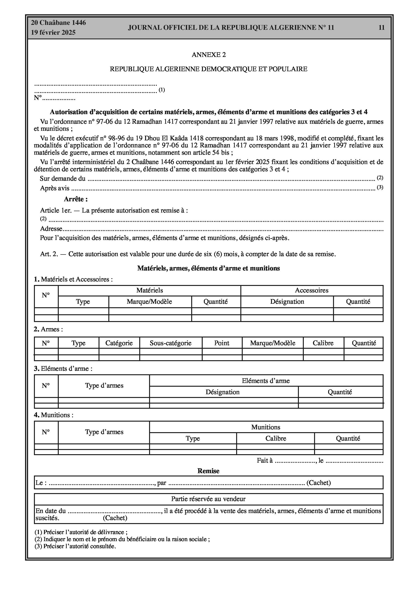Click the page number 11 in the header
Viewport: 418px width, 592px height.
pos(381,28)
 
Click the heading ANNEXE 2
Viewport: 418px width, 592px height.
pos(209,55)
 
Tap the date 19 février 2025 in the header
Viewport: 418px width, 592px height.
pos(53,33)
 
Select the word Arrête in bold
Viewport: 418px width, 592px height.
pos(76,199)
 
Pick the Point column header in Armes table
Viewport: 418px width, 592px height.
pos(221,343)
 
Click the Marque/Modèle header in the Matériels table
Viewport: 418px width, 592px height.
pos(149,302)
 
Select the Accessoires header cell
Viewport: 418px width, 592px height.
pos(312,290)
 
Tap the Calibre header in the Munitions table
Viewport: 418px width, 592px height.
pos(275,438)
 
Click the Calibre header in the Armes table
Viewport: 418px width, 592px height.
pos(323,343)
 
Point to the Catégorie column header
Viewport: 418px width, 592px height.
pos(119,343)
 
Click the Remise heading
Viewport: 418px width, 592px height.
pos(208,471)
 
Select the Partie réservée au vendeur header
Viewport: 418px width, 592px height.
pos(208,499)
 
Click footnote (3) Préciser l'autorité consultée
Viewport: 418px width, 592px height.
pos(75,546)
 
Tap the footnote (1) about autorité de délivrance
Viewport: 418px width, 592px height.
pos(81,532)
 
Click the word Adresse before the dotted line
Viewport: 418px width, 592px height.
pos(51,229)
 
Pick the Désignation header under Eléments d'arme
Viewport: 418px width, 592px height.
pos(223,392)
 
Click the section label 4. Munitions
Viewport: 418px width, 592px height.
pos(54,415)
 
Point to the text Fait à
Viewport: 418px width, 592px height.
pos(264,461)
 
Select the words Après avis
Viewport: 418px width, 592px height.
pos(55,188)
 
